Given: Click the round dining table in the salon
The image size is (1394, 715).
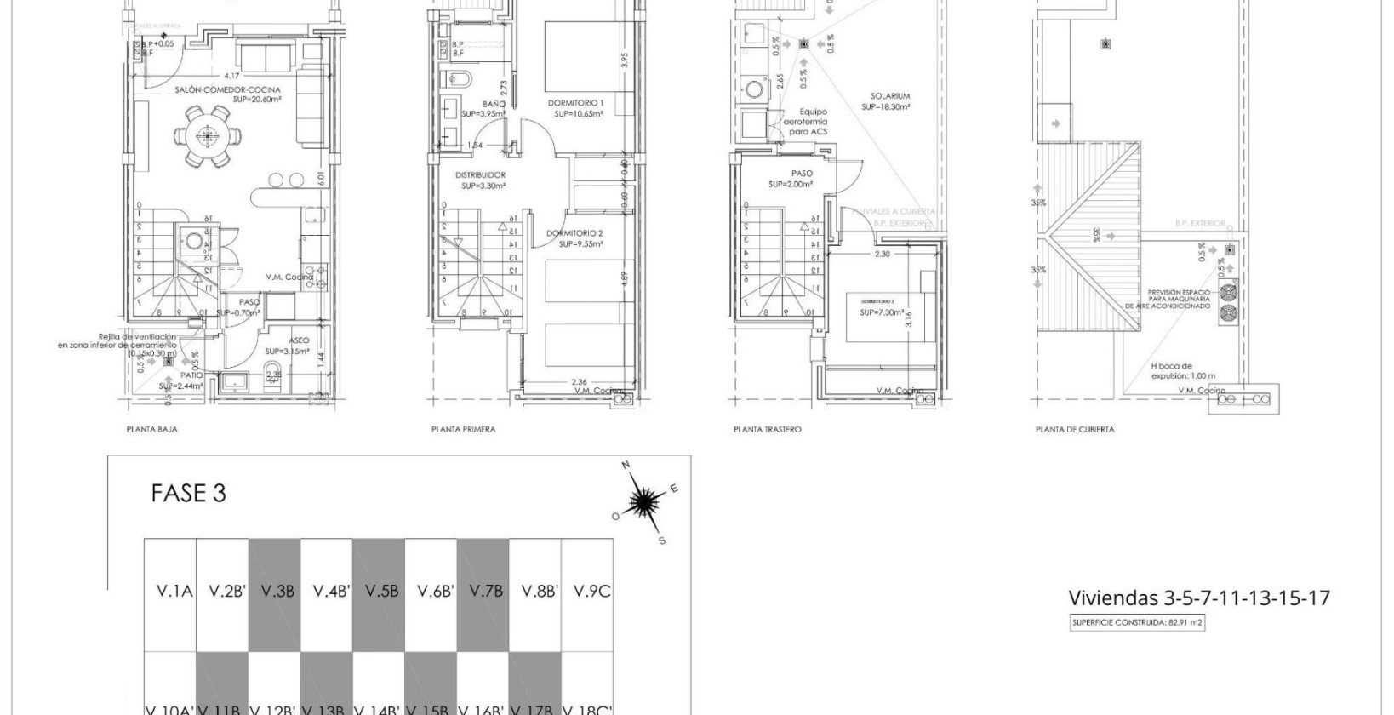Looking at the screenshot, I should [x=205, y=134].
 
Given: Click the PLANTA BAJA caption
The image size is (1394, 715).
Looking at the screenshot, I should [x=151, y=430].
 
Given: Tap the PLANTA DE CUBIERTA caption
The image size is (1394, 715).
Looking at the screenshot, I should [x=1074, y=430].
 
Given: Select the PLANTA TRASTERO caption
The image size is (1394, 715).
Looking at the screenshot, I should [x=767, y=430].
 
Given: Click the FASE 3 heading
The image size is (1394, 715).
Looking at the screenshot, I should [x=188, y=494].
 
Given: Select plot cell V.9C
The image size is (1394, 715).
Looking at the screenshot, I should [x=591, y=591].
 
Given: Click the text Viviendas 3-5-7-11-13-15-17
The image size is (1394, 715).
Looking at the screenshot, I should [x=1198, y=598].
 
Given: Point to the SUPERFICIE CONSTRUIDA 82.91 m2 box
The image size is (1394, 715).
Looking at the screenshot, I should [x=1137, y=623].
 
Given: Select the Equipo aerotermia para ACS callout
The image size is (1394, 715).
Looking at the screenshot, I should [x=813, y=122].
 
